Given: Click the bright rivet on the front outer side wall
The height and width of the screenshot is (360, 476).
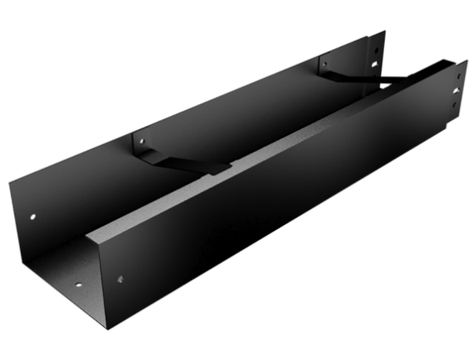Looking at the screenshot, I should [x=120, y=279].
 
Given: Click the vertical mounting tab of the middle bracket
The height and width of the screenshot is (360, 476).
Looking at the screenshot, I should [x=139, y=144].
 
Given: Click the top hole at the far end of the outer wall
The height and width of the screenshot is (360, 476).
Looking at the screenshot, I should [x=457, y=73].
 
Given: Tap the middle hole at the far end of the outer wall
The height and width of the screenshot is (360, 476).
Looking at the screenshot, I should [x=455, y=89].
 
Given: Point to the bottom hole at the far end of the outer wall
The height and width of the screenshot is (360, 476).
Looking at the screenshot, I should [x=454, y=103].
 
